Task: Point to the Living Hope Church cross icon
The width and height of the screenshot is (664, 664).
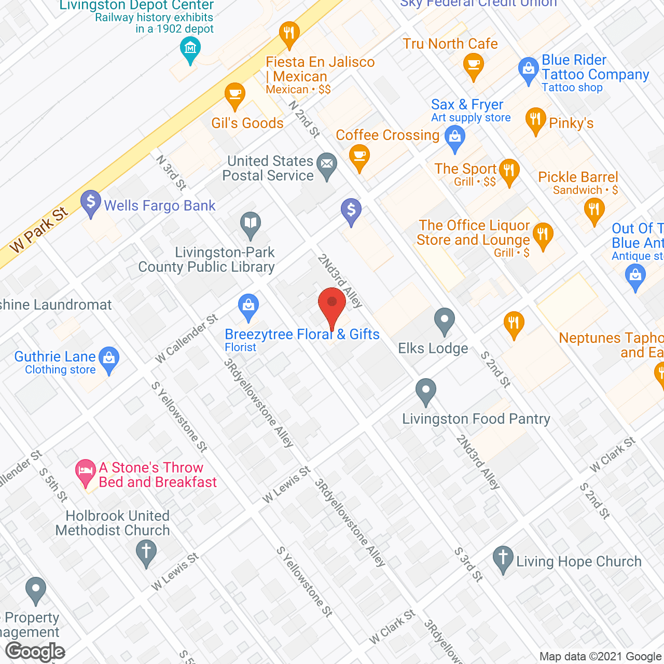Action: click(503, 558)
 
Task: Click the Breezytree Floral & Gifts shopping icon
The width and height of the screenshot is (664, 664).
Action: click(248, 306)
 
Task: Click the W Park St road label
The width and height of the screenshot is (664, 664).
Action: click(39, 229)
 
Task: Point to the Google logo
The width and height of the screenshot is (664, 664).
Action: click(35, 652)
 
